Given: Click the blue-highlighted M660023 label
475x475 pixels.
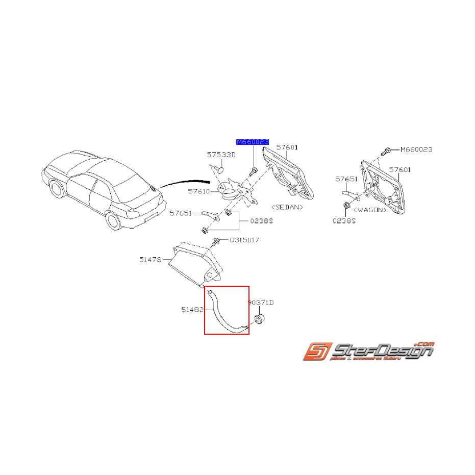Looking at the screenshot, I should pos(252,142).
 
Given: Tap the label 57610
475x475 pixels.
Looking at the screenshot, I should pos(198,192).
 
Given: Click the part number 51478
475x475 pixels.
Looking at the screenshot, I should pos(150,259).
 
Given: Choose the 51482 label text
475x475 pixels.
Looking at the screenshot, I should pos(192,310).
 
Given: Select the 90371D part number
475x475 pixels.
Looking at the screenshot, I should pos(261,303).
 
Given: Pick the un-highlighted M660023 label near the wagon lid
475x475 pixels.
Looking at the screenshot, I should pos(416,149).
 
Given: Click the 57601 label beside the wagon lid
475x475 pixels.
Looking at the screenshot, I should pos(399,169).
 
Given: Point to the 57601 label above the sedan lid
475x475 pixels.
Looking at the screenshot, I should pos(287,147).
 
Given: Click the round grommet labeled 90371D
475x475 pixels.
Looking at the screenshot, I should pos(259,320).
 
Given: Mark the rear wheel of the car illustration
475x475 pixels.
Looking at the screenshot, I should pos(113,221).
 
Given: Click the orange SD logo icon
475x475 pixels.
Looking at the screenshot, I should pos(316,353).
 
